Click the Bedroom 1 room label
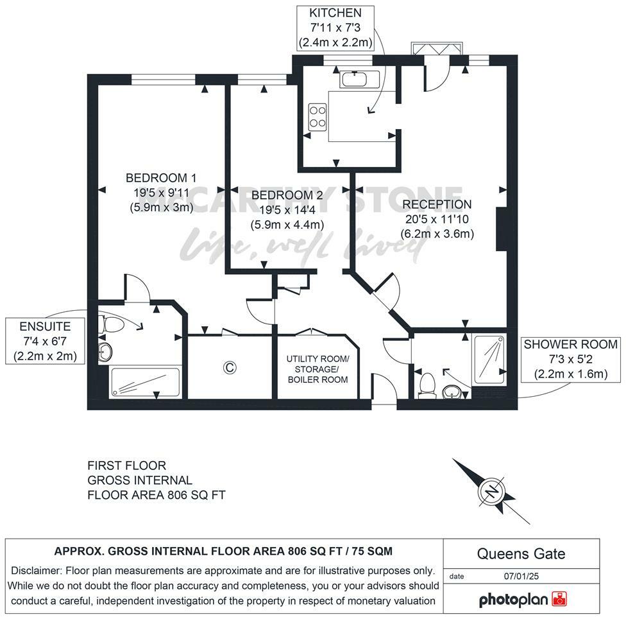(x=160, y=178)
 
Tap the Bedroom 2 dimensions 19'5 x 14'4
(x=287, y=209)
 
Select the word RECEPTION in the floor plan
(x=437, y=205)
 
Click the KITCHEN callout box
(x=335, y=28)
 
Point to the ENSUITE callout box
(x=45, y=341)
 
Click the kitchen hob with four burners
(x=317, y=117)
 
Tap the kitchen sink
(x=359, y=80)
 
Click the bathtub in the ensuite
(x=146, y=381)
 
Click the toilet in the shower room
(x=426, y=386)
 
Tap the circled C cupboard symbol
(x=228, y=367)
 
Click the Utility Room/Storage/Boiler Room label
(x=317, y=369)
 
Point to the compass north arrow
(x=491, y=491)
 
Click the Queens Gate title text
(x=521, y=554)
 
